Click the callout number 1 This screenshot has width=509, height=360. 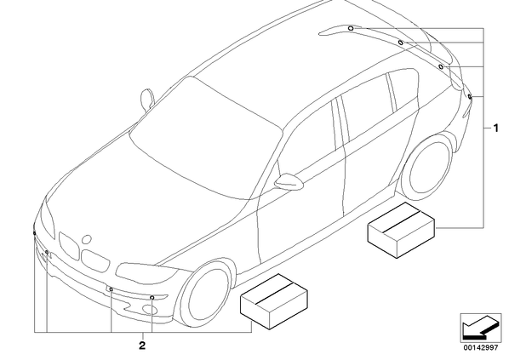495,129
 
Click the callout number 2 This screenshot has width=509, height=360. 142,346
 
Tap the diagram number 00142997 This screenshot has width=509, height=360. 481,348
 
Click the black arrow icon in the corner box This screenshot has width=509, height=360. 480,326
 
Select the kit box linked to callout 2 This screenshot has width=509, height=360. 274,301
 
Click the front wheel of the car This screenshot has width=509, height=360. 206,292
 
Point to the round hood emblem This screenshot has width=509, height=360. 87,239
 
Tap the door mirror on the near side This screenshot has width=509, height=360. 289,182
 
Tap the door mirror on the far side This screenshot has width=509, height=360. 146,99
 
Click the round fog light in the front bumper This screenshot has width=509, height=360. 149,310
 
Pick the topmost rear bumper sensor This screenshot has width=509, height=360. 351,28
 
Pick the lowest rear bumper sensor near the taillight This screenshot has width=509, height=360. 470,96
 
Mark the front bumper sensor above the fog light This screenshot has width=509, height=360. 152,298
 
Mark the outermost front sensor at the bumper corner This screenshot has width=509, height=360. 34,233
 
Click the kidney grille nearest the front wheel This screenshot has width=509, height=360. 95,260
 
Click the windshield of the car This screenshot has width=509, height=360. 205,140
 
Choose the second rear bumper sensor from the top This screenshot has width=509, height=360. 401,43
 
